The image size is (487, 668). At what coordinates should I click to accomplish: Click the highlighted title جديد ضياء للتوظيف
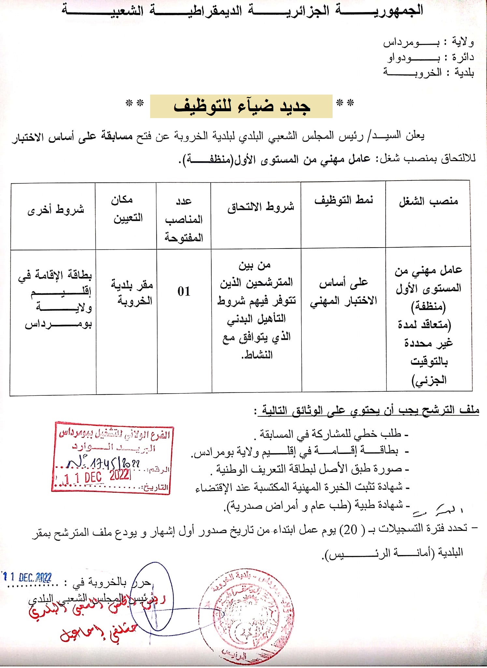tap(241, 106)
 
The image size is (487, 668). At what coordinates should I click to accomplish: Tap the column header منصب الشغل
tap(428, 202)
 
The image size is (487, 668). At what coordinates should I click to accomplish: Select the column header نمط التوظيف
tap(343, 200)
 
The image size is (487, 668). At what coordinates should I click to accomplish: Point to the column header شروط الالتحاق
tap(261, 206)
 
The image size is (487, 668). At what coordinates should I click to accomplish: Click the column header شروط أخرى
tap(56, 209)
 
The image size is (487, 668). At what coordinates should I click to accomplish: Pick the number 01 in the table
tap(184, 291)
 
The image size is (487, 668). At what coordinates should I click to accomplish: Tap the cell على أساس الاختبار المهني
tap(343, 291)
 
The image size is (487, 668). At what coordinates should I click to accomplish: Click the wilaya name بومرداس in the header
tap(411, 42)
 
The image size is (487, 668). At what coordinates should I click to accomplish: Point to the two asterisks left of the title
tap(135, 104)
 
